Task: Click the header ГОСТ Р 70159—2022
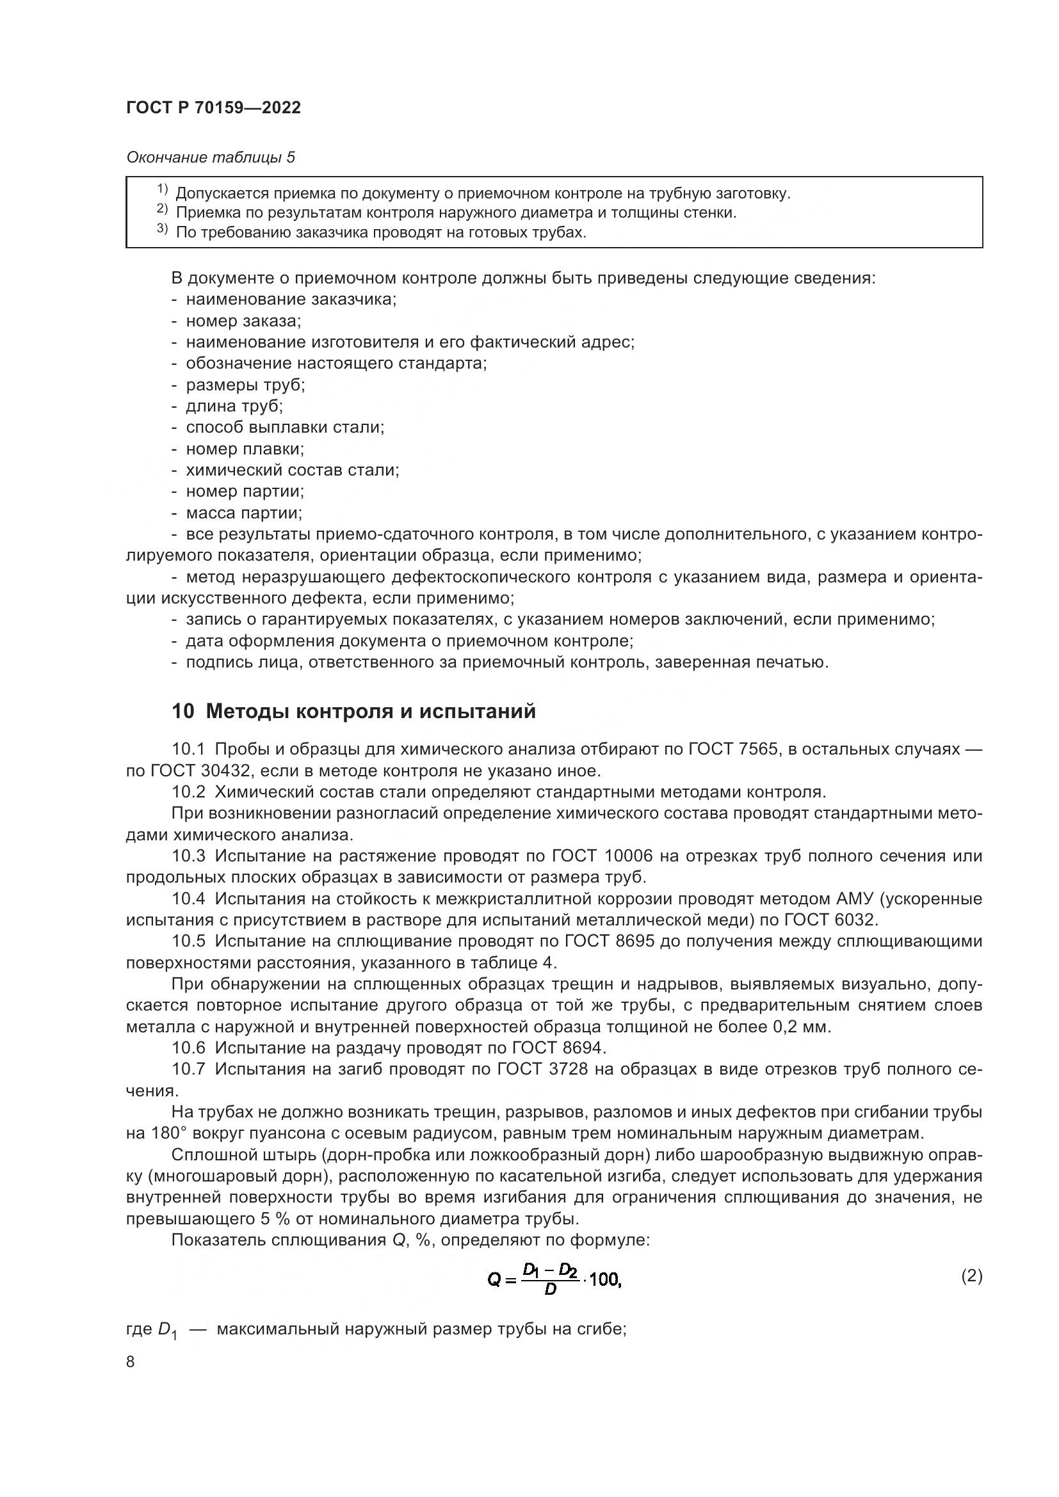point(213,108)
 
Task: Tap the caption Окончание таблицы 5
point(211,157)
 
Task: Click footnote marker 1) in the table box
point(163,189)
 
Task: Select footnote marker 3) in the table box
point(163,229)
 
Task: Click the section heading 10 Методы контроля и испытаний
point(353,711)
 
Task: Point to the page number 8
point(131,1362)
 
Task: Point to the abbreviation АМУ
point(854,899)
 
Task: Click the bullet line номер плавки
point(245,449)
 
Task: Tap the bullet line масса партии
point(244,513)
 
